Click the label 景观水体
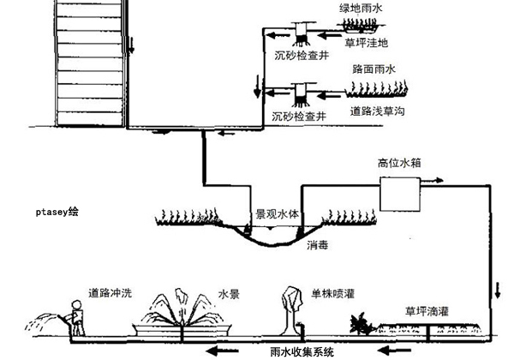tap(276, 215)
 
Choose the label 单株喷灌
tap(333, 294)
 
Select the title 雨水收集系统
tap(301, 351)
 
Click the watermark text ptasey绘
tap(57, 209)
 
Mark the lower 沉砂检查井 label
tap(300, 114)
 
